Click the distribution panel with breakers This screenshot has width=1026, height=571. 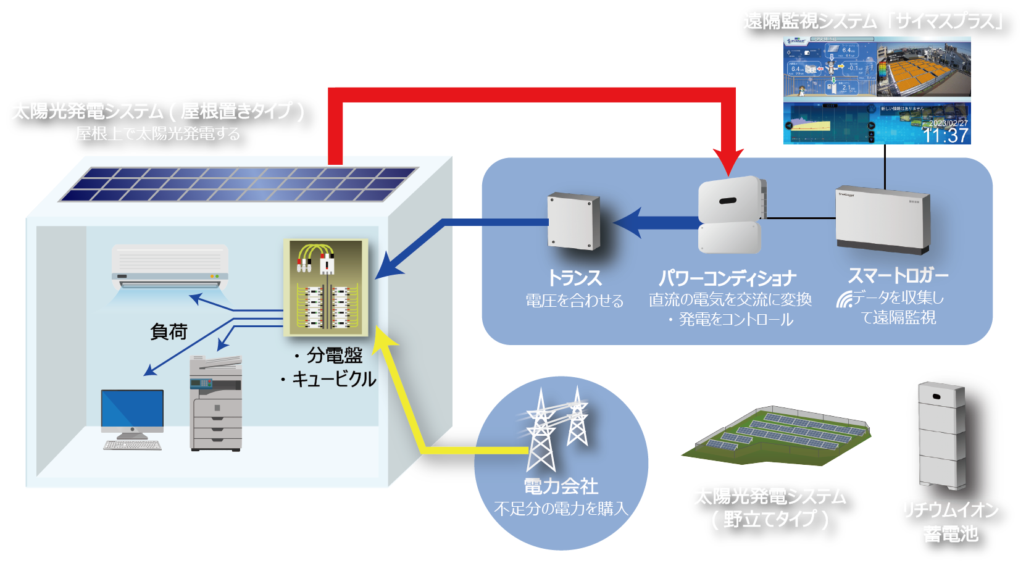[x=326, y=287]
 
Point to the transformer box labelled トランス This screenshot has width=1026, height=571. [x=573, y=220]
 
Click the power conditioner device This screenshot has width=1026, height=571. [x=730, y=215]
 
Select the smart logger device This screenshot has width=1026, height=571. [x=882, y=219]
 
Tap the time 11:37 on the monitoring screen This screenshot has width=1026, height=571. [x=945, y=135]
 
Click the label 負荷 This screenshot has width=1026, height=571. [x=169, y=331]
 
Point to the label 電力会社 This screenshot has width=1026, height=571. [x=561, y=486]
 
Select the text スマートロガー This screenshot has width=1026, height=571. [x=898, y=275]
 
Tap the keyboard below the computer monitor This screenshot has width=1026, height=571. [x=132, y=444]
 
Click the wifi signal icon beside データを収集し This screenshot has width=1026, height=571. [x=844, y=299]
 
